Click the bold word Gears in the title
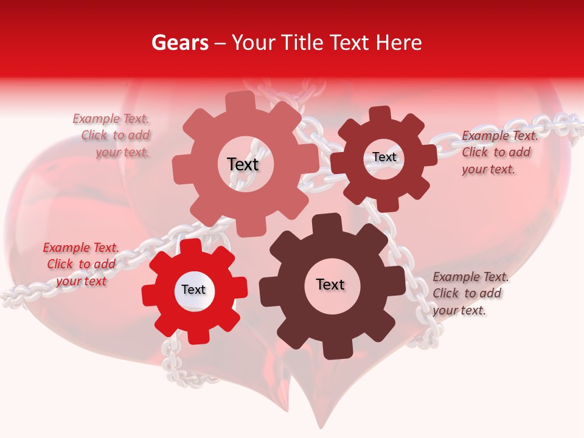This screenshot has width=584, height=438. click(x=180, y=43)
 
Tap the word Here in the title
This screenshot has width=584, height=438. click(x=400, y=43)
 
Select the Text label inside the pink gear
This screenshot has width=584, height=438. click(x=243, y=164)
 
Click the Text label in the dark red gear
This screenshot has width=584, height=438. click(x=384, y=157)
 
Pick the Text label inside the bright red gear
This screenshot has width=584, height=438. click(x=193, y=290)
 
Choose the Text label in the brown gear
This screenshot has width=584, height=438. click(x=330, y=284)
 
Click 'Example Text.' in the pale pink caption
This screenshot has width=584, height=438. click(x=111, y=119)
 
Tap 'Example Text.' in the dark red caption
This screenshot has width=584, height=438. click(x=500, y=136)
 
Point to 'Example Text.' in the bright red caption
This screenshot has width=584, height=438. click(x=81, y=248)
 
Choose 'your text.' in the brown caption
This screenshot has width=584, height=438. click(x=459, y=310)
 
